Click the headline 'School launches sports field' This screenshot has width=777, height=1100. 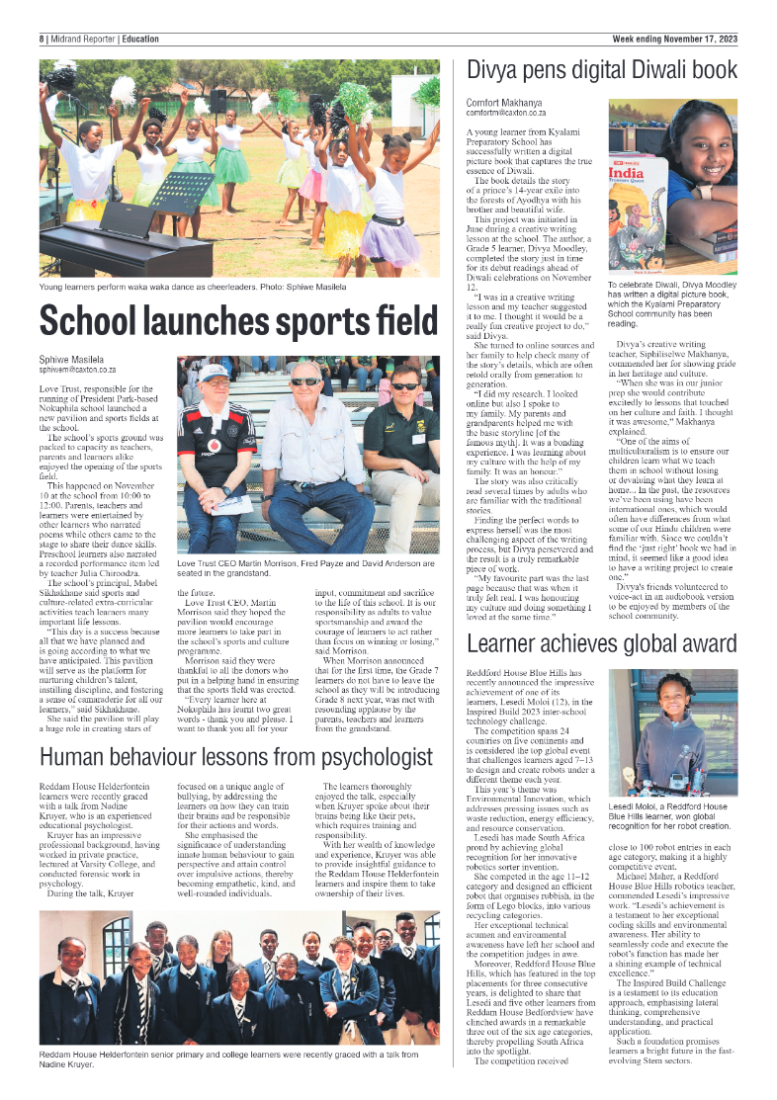pos(237,321)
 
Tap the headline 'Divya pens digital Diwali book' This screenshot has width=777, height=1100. pos(602,70)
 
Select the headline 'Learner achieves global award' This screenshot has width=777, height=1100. pos(602,645)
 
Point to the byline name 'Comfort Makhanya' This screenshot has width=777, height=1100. pos(505,103)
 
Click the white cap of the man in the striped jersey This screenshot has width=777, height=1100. pos(213,373)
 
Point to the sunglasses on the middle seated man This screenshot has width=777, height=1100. pos(304,381)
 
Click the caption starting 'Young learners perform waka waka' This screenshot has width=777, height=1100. pos(193,287)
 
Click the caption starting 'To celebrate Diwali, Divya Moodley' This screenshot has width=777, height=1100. pos(671,303)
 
